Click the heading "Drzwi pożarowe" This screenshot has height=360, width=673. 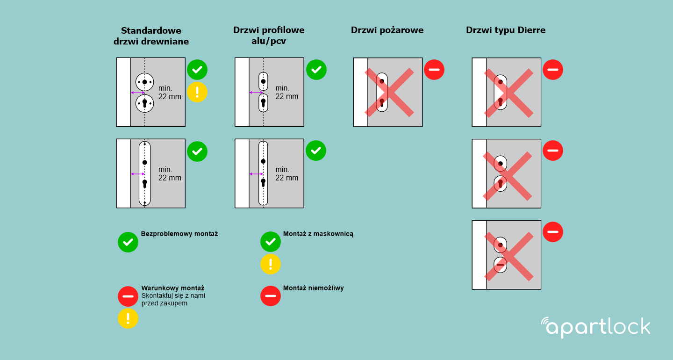click(387, 30)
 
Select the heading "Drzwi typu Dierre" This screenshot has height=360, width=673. click(506, 30)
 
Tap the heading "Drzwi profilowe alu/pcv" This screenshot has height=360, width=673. click(269, 36)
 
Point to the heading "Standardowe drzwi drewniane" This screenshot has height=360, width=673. click(151, 36)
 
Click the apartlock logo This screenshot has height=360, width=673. click(595, 327)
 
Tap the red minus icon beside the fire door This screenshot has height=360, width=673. click(434, 70)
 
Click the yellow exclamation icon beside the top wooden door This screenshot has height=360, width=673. click(197, 92)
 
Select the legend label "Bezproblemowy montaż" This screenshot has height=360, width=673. click(179, 234)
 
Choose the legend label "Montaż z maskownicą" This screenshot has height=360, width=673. click(318, 234)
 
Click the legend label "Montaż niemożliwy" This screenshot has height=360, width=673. click(313, 288)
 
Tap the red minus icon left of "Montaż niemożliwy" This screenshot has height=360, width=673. click(271, 296)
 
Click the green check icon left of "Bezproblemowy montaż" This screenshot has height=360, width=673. click(128, 242)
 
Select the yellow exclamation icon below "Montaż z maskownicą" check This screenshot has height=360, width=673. click(271, 264)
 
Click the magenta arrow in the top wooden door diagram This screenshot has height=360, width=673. click(138, 93)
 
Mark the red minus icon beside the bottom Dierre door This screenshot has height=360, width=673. click(553, 232)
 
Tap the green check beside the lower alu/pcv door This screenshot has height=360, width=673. click(316, 151)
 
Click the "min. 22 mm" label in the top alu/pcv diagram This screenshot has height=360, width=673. click(286, 92)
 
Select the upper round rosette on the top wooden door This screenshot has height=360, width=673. click(145, 82)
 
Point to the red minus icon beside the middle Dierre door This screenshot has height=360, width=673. click(553, 151)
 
